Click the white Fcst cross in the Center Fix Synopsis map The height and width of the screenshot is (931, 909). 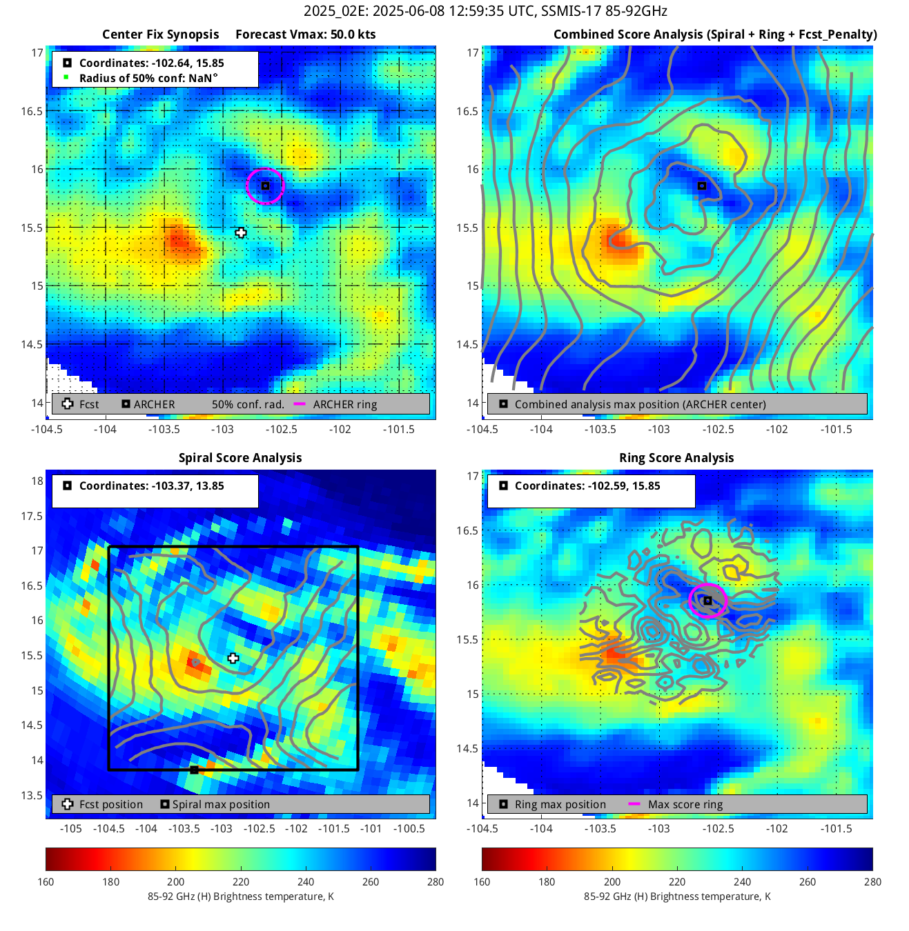[x=240, y=233]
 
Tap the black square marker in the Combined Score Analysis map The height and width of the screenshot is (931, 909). [x=701, y=186]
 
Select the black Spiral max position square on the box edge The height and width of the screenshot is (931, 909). [x=194, y=770]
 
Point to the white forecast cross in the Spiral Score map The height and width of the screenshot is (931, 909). [x=233, y=659]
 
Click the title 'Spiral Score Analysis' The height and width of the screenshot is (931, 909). [x=240, y=458]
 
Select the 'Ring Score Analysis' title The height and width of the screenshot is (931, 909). [x=676, y=458]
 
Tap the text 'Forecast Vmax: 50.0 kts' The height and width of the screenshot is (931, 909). [x=305, y=34]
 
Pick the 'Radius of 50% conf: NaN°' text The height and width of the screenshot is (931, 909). [x=148, y=78]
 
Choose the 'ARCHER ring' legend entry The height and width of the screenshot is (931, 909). [x=344, y=405]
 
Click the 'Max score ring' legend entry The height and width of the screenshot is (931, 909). [x=685, y=805]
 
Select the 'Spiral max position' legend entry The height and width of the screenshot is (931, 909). [x=221, y=805]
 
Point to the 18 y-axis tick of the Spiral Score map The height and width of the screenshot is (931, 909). [x=37, y=481]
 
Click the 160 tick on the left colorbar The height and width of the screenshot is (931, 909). [x=46, y=881]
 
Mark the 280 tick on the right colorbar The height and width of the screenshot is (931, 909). [x=872, y=881]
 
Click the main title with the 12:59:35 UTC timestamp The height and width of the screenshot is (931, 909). [x=485, y=11]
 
